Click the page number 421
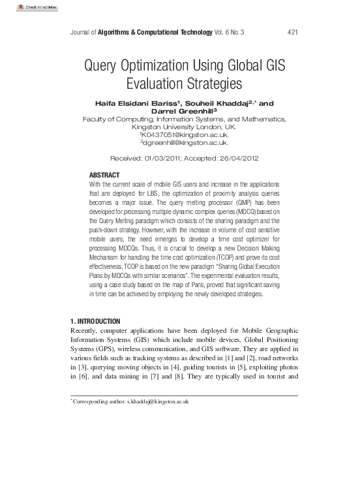[x=292, y=32]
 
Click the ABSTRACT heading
[x=104, y=176]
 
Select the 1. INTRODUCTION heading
[x=95, y=321]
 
